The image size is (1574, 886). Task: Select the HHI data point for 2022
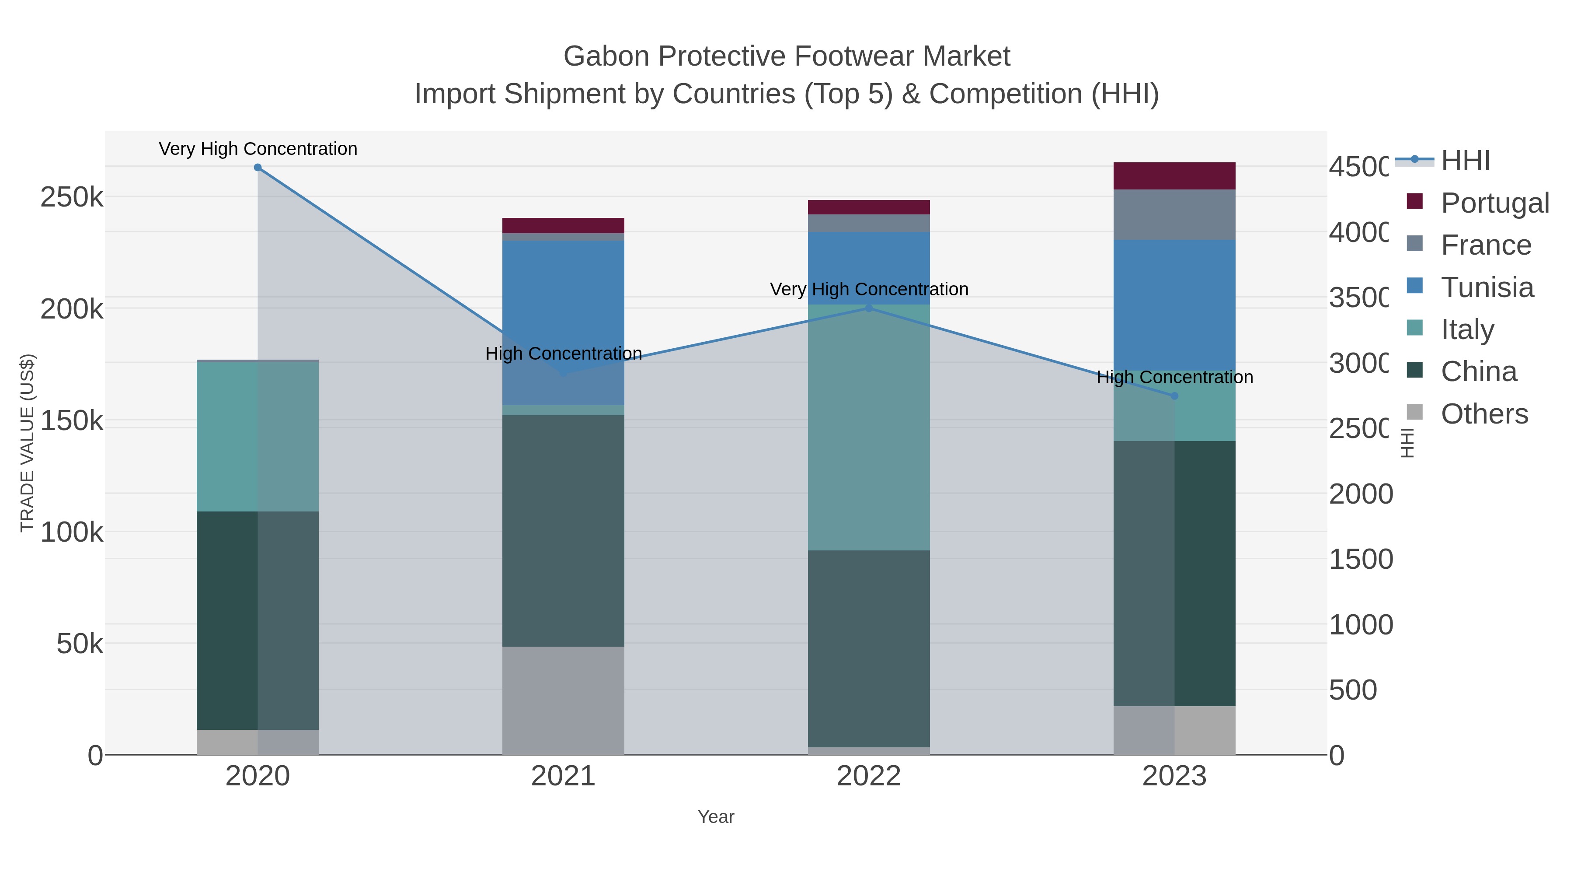(869, 308)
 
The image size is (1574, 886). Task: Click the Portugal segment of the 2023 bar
(1174, 176)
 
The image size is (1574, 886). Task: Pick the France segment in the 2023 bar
(1174, 215)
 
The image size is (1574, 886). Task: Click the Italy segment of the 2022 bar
(868, 428)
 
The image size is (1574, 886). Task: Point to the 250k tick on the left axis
(72, 197)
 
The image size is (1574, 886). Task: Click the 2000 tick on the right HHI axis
(1360, 494)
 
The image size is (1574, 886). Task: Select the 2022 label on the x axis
(868, 777)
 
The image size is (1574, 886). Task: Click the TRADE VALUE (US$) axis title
(27, 443)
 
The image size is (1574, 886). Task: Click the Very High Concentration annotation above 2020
(258, 149)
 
